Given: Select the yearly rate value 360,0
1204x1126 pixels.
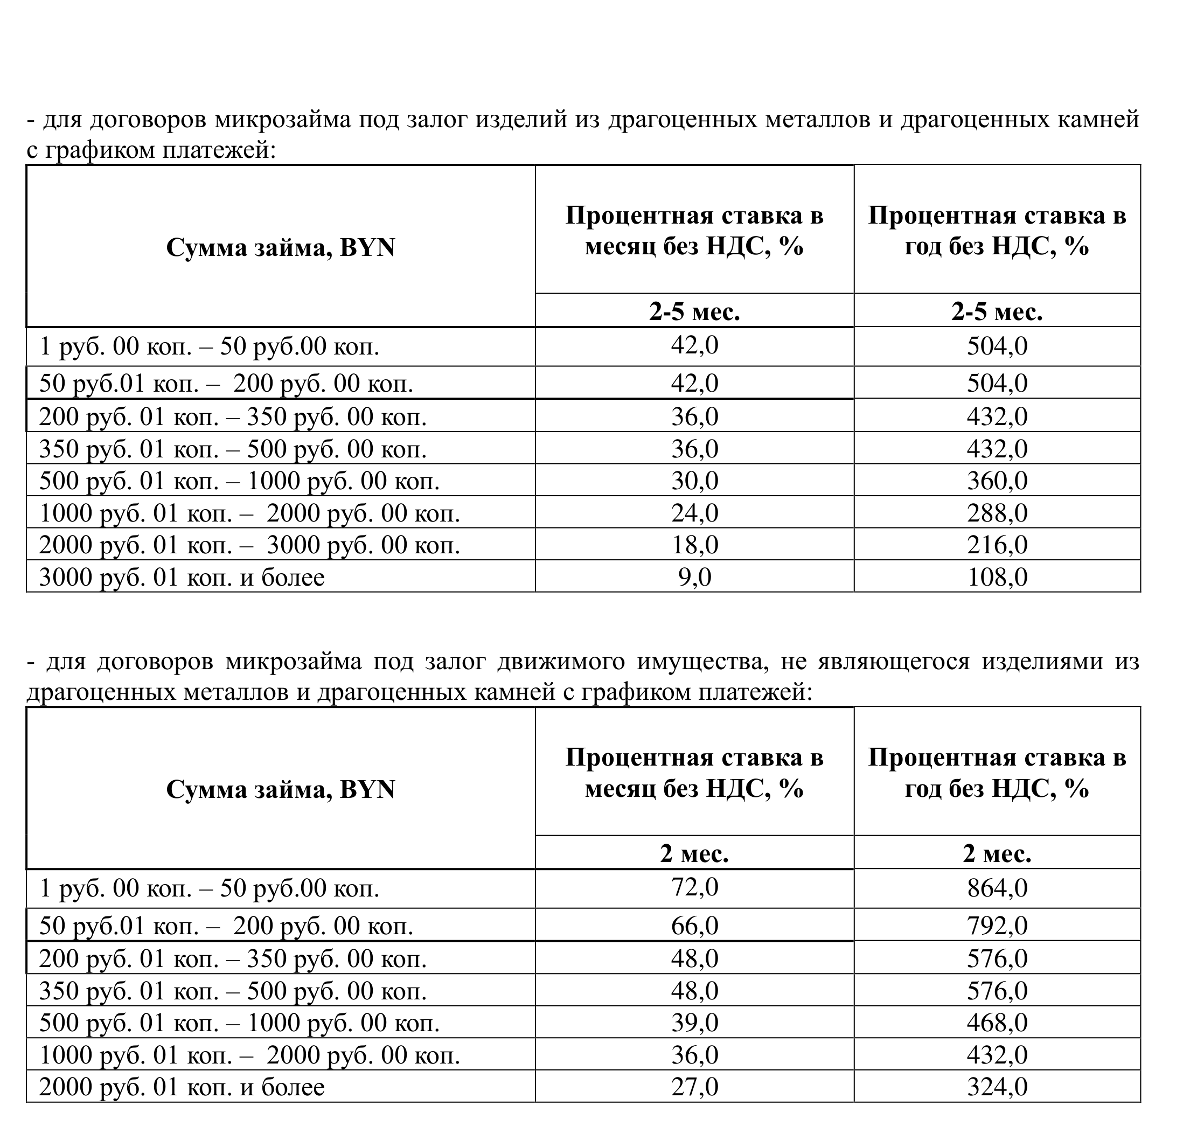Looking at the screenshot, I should tap(997, 481).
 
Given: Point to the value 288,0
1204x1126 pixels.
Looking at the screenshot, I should tap(997, 513).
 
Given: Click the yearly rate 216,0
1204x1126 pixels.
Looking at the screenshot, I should tap(997, 545).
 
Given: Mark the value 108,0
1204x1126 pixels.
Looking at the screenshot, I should tap(997, 577).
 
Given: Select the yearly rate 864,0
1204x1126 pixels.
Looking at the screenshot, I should tap(997, 888).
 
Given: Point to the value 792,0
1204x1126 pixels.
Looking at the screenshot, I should tap(997, 926).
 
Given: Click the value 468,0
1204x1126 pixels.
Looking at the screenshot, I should tap(997, 1023).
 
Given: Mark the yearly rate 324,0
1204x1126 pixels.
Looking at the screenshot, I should tap(997, 1087).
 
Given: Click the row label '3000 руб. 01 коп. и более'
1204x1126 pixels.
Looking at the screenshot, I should tap(182, 577).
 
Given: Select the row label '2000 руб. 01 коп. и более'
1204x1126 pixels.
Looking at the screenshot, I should tap(182, 1087).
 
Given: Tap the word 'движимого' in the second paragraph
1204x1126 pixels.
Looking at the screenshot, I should tap(560, 662).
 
